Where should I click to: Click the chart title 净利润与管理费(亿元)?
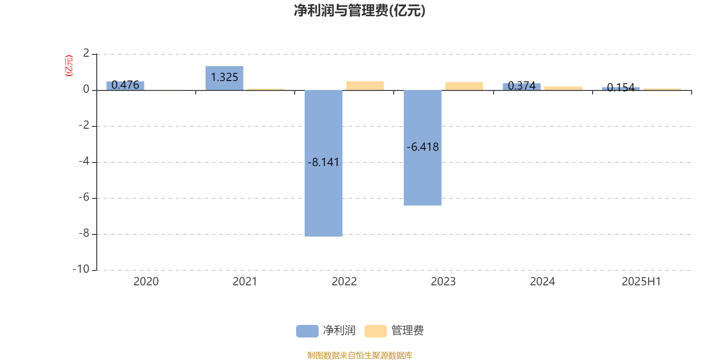360,11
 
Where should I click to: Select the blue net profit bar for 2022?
324,163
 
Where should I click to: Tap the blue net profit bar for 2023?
423,148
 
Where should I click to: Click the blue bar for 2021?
225,78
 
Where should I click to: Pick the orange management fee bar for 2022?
365,85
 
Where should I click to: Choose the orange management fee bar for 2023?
464,86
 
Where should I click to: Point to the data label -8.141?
324,162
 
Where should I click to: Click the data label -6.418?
423,147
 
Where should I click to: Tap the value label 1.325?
225,77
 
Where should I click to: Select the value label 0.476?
126,85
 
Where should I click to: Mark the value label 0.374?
522,86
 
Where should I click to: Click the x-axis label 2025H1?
641,282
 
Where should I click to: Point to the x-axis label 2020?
146,282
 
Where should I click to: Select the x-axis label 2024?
542,282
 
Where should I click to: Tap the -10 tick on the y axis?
81,270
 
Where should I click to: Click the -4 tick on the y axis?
84,162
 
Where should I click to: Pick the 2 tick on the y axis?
86,54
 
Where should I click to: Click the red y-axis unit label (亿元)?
69,66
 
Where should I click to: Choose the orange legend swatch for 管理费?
375,331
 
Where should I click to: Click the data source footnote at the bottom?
360,355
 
